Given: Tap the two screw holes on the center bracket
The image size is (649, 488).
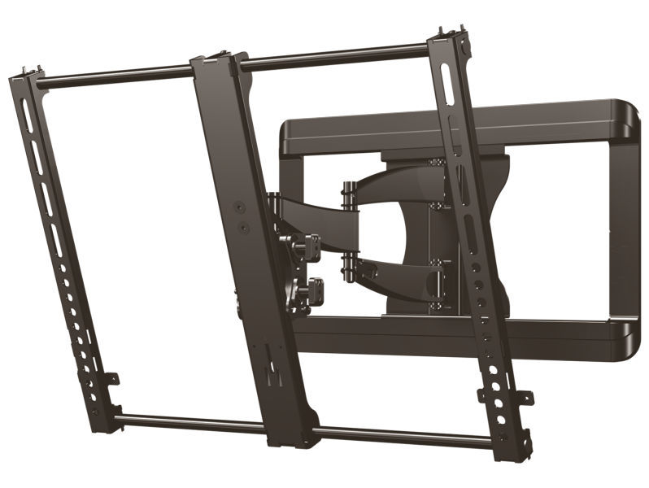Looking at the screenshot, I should pos(242,213).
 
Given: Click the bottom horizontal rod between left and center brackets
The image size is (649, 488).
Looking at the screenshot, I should pos(195,423).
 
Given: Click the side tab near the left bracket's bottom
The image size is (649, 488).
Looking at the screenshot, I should pos(111,379).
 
